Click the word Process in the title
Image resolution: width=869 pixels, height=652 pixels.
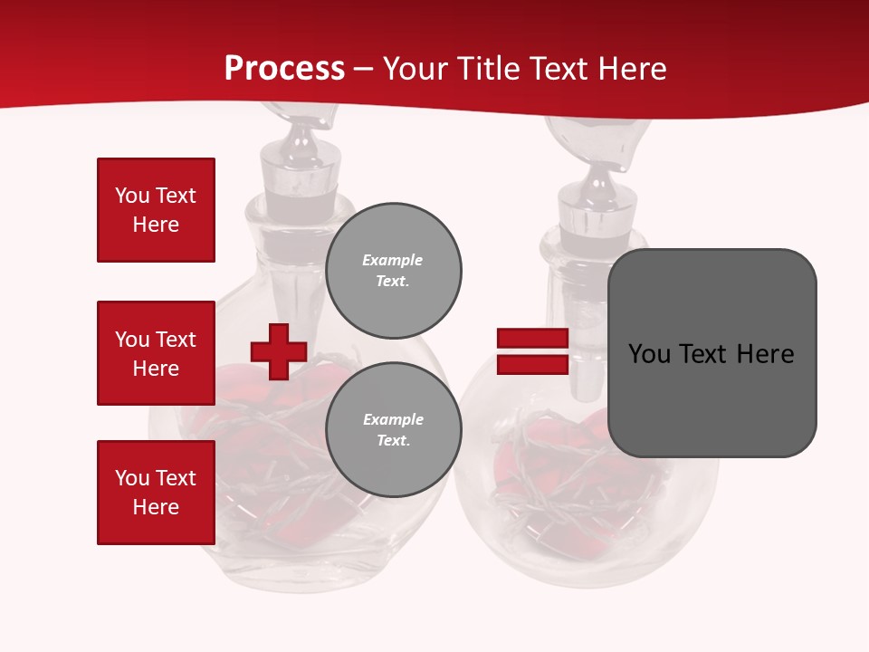(284, 68)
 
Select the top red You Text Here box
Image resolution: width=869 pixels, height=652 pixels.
(156, 210)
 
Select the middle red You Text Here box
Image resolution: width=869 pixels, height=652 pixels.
(156, 353)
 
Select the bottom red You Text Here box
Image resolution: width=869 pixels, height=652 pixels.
(156, 492)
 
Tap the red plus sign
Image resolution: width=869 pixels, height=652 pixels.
(279, 351)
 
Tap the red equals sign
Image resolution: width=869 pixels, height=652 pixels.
(532, 351)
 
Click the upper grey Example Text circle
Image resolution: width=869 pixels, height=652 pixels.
(393, 270)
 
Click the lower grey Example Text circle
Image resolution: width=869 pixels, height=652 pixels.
(393, 429)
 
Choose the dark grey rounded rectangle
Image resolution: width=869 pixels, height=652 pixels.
(711, 352)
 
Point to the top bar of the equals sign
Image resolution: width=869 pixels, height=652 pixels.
(532, 339)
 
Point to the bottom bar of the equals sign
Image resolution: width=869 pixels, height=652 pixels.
(532, 364)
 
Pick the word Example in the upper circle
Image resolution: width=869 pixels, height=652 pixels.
(393, 260)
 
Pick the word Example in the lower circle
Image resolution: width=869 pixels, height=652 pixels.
(393, 419)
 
